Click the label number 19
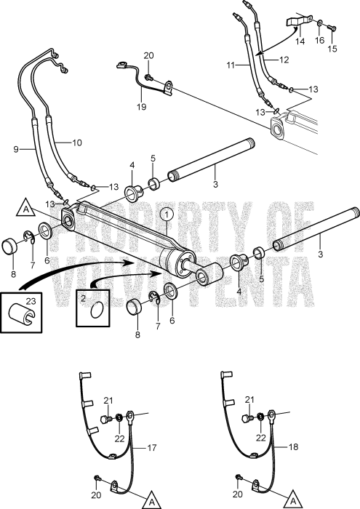[142, 107]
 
